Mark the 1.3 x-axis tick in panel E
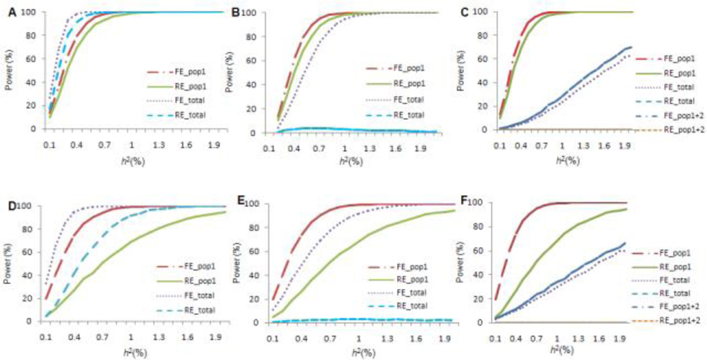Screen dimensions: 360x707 [x=385, y=335]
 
